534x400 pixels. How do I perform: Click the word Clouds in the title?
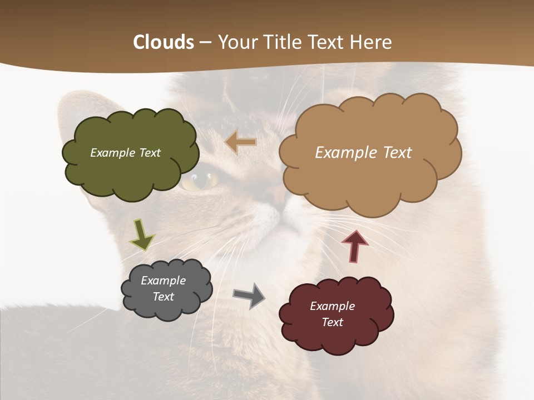click(164, 42)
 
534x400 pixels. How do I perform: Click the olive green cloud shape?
click(131, 167)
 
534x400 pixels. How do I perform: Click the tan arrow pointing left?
click(241, 142)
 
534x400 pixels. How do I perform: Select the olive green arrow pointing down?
click(141, 234)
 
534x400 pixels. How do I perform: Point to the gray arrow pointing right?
click(249, 296)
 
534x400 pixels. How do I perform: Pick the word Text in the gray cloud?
click(164, 297)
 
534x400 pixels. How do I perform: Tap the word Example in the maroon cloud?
click(332, 306)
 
